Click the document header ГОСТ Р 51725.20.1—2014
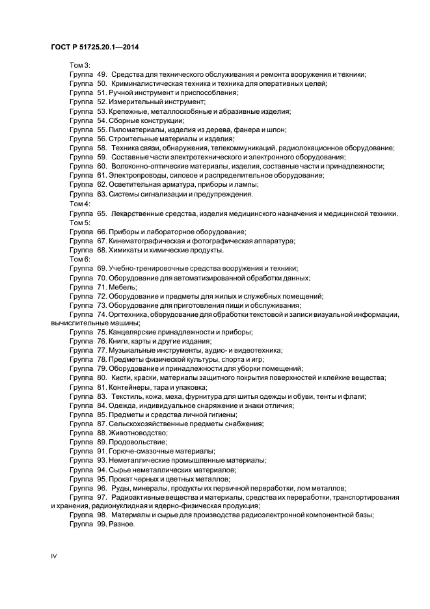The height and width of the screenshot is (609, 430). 96,46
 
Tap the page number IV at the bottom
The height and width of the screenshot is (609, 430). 53,557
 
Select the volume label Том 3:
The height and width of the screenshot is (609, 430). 80,65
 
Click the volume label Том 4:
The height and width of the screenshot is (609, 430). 80,204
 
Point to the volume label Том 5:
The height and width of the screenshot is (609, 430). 80,223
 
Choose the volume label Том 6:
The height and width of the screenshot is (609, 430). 80,259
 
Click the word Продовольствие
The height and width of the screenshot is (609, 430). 137,442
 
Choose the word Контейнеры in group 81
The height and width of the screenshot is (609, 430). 133,387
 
